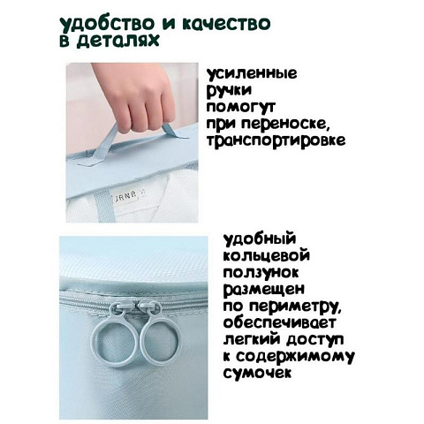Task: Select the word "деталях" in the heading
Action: click(131, 43)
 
